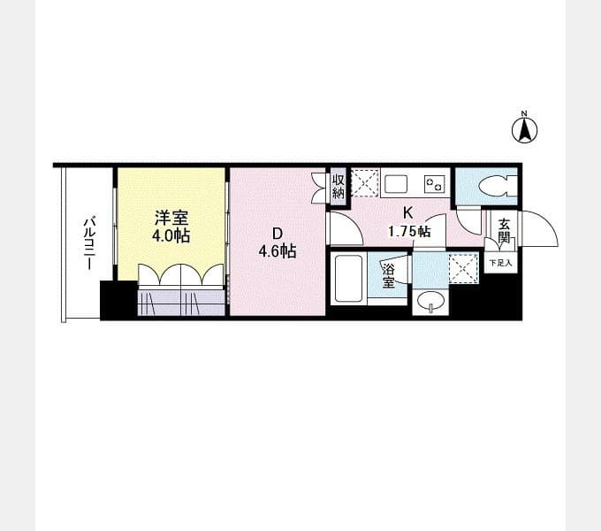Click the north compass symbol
525,128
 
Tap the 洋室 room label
171,219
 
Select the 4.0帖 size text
171,235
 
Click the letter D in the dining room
277,234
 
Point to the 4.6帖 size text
278,251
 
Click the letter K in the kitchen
407,212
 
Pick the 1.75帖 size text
409,231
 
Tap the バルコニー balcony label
89,243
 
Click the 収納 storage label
338,187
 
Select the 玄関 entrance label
504,231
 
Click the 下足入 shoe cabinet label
500,263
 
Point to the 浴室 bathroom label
388,275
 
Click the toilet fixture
498,187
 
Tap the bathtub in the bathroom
348,278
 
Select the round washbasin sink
430,301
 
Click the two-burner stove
435,184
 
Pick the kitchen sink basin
396,184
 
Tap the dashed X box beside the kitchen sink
365,182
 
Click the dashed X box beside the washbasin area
463,268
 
